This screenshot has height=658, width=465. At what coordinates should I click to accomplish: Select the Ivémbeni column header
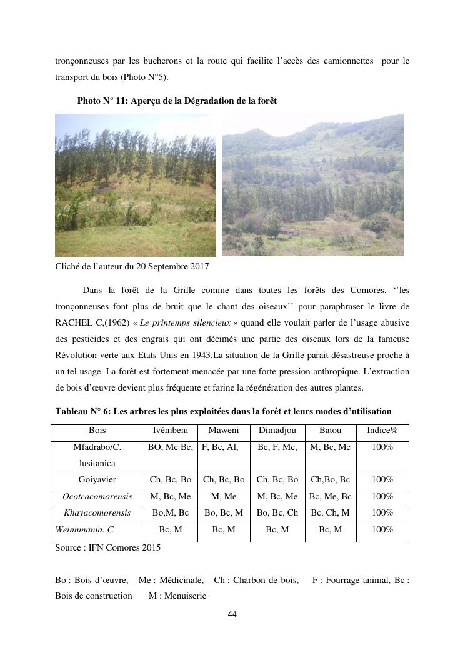tap(171, 431)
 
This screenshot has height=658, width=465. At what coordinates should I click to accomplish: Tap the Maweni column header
tap(224, 431)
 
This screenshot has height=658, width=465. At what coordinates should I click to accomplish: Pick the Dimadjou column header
tap(277, 431)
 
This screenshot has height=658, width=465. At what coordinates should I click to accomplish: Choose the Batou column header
tap(330, 431)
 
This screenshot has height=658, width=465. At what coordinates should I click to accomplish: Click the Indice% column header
tap(382, 431)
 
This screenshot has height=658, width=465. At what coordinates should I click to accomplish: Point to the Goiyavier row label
tap(97, 480)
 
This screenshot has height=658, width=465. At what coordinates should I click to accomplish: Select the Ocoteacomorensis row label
tap(97, 496)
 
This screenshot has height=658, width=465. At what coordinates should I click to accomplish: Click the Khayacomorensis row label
tap(97, 512)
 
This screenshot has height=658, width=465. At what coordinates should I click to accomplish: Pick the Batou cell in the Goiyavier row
tap(330, 480)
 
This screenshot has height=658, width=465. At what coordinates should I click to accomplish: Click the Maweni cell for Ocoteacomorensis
tap(224, 496)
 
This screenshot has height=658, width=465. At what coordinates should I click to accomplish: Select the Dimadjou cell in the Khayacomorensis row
tap(277, 512)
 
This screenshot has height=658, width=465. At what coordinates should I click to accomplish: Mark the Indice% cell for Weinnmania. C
tap(382, 529)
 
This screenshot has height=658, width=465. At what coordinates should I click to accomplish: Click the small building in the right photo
tap(287, 231)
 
